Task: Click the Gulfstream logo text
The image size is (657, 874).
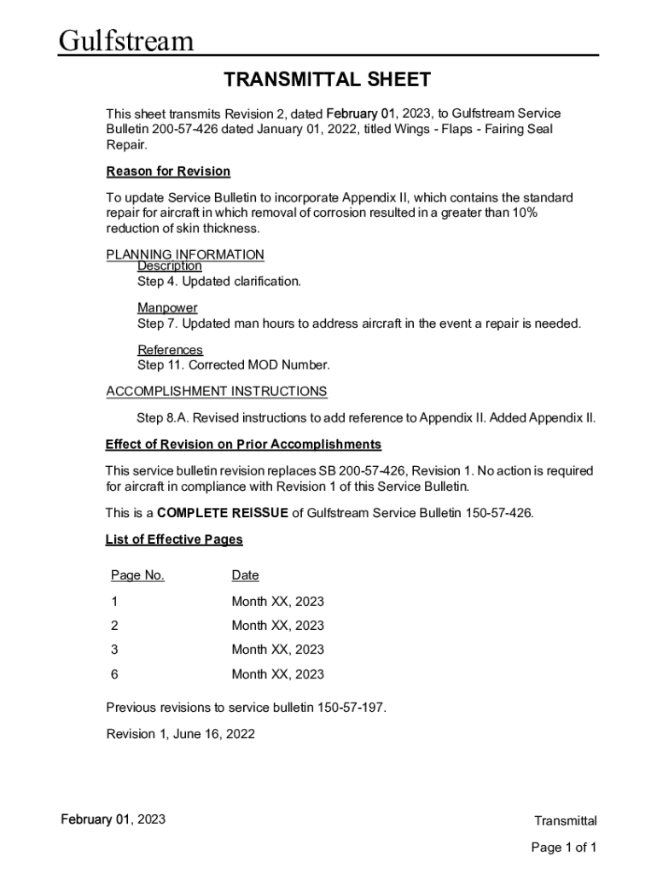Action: point(126,40)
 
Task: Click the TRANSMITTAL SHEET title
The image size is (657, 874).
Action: point(327,80)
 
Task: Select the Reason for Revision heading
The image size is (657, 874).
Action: point(168,172)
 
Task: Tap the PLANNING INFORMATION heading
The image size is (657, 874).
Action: point(185,254)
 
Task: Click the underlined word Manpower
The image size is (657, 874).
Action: point(167,307)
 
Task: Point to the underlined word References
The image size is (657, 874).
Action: point(170,350)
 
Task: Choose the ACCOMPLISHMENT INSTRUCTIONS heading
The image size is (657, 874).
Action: point(216,391)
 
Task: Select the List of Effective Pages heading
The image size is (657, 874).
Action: point(174,539)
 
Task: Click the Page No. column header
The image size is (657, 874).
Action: point(137,575)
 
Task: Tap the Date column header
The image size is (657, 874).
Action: point(245,575)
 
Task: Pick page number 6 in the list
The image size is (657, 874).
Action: point(114,674)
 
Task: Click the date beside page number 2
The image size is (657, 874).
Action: point(277,626)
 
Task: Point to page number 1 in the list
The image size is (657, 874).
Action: point(114,602)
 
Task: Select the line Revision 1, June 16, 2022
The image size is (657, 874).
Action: point(180,734)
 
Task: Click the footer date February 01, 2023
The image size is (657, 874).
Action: point(113,820)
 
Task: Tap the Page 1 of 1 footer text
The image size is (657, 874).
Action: point(563,848)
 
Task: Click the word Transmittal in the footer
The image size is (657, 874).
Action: point(565,821)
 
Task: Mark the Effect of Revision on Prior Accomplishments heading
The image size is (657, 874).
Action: point(243,445)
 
